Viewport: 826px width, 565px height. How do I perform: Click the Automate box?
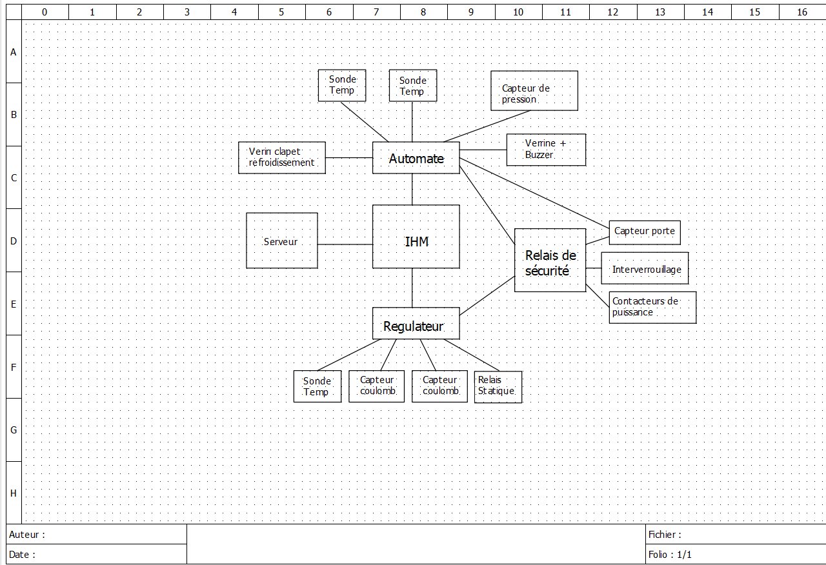point(416,158)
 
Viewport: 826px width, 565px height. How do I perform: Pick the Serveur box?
point(282,241)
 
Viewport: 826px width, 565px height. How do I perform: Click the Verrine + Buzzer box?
point(546,150)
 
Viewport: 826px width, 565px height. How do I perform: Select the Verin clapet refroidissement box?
point(282,157)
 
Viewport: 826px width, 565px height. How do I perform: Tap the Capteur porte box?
point(644,232)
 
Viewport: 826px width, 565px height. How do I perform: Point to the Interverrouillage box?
point(645,268)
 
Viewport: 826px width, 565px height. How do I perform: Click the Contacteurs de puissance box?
point(652,308)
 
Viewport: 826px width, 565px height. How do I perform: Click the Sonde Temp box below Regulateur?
point(317,386)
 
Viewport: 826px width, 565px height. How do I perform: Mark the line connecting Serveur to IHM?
point(345,244)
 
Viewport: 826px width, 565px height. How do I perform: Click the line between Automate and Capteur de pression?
point(487,126)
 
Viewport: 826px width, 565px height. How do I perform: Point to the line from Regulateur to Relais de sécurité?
point(487,296)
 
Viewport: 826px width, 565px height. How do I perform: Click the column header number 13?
point(660,12)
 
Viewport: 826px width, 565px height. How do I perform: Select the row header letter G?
point(14,430)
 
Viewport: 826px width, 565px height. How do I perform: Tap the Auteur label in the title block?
point(27,535)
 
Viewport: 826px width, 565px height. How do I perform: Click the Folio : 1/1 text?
point(670,555)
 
